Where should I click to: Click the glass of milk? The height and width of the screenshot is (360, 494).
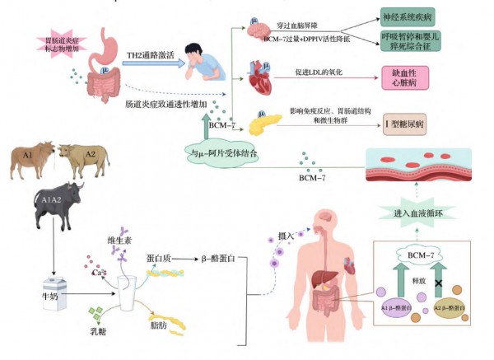(x=128, y=291)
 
